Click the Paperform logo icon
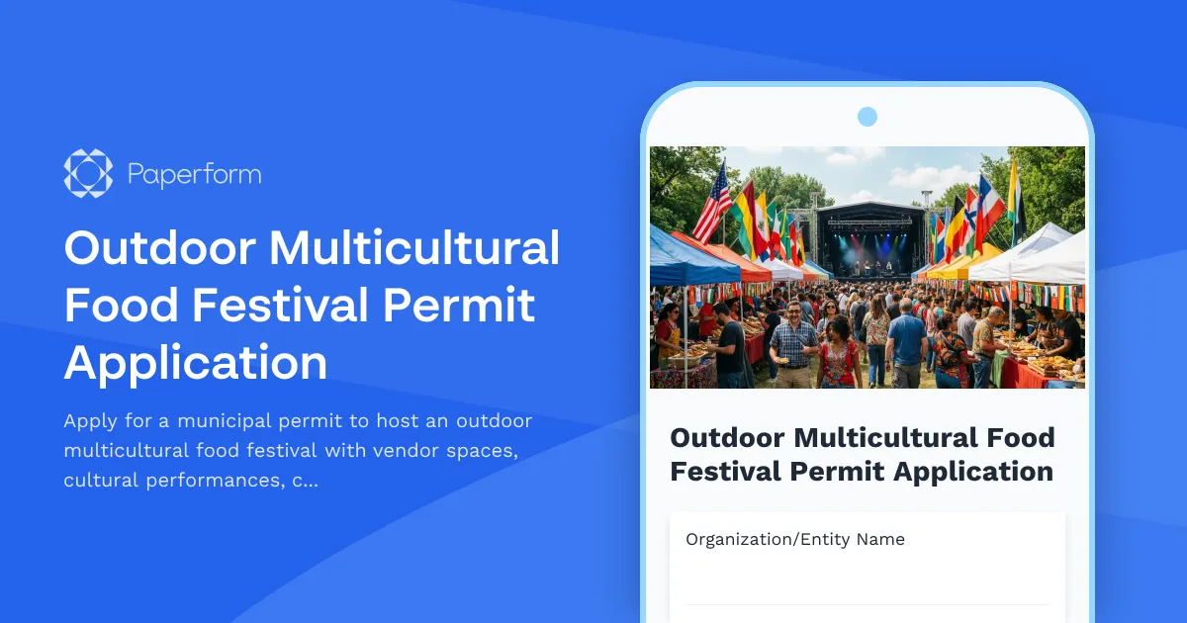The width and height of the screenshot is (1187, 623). (88, 174)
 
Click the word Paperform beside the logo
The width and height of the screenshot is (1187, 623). (194, 175)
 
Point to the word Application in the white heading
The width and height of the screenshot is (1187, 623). (196, 362)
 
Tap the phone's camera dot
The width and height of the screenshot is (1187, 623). (867, 117)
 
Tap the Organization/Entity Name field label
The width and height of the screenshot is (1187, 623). (794, 539)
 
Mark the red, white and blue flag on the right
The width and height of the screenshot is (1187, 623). (987, 208)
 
